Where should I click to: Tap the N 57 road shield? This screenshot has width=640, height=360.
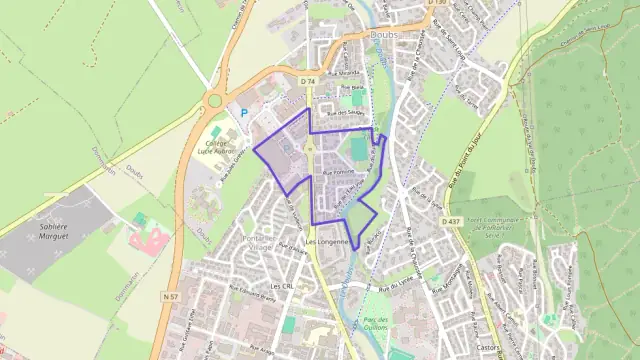click(x=171, y=270)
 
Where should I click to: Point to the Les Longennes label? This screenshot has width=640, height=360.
click(x=328, y=242)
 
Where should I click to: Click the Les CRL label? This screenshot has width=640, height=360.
click(x=281, y=286)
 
